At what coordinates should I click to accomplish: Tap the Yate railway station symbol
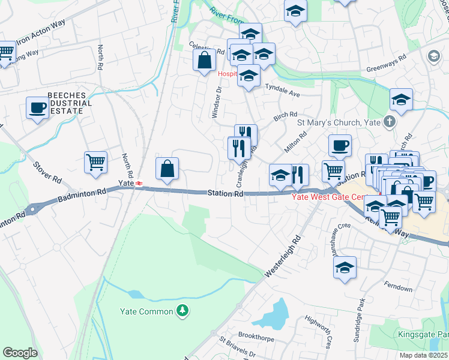pos(139,183)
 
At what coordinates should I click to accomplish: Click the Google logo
pos(20,353)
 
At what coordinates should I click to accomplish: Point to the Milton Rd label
pos(295,142)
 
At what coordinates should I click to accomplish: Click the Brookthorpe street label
pos(256,335)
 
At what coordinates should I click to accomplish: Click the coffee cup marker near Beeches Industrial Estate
pos(38,108)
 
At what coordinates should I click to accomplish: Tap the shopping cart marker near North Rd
pos(96,161)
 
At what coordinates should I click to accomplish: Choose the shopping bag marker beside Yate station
pos(167,169)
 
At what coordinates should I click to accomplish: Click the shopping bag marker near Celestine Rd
pos(204,60)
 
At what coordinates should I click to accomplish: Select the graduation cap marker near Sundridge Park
pos(345,268)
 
